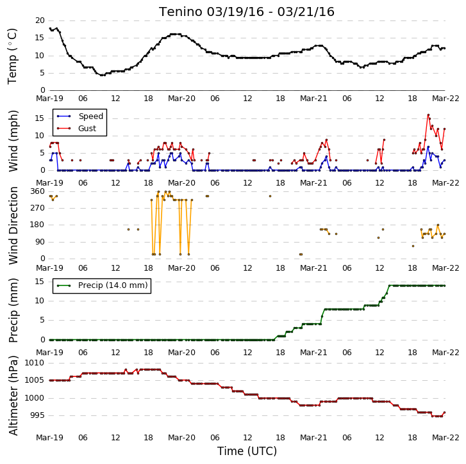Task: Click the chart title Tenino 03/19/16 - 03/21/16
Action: pos(246,12)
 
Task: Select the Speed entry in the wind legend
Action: pos(80,116)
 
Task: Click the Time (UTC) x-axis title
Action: pos(247,451)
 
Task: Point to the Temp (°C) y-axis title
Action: pos(12,56)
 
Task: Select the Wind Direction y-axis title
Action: pos(13,225)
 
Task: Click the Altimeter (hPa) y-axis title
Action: pos(13,396)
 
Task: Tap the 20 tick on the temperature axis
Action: pos(40,20)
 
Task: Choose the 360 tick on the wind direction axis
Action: pos(37,191)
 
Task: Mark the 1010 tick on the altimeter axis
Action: pos(35,362)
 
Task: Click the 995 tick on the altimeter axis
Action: pos(37,415)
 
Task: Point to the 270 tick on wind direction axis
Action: pos(37,208)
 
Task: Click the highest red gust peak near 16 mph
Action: pos(428,115)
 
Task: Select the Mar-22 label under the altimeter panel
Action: pos(445,438)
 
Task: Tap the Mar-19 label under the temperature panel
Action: pos(49,98)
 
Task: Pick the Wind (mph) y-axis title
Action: pos(13,141)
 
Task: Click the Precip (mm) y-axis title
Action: pos(13,310)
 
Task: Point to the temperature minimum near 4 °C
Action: pos(103,76)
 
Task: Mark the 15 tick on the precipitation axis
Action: pos(40,281)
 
